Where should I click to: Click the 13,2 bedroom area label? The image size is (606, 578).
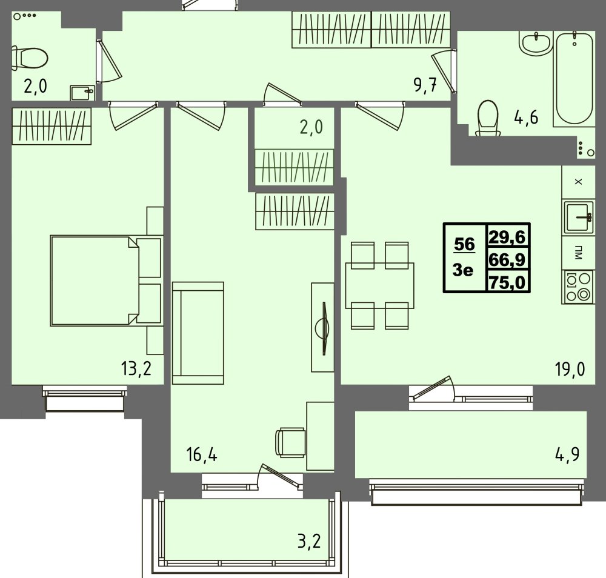136,369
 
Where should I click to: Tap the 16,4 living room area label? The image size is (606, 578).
202,455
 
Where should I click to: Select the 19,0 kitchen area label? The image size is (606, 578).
570,370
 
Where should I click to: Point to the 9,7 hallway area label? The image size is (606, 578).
425,85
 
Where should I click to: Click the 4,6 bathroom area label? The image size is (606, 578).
526,117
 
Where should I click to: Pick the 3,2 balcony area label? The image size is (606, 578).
309,541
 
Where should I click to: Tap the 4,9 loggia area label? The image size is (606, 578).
567,454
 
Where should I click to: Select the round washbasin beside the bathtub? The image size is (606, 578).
535,43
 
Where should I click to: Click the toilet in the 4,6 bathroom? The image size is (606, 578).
488,118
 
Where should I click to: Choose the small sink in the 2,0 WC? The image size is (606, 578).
82,93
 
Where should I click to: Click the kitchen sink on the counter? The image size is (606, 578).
579,218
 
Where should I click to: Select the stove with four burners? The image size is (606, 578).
579,287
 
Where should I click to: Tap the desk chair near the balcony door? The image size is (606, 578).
291,443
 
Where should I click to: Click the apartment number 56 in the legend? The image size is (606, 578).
464,244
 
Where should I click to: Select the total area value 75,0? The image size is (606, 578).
507,282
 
